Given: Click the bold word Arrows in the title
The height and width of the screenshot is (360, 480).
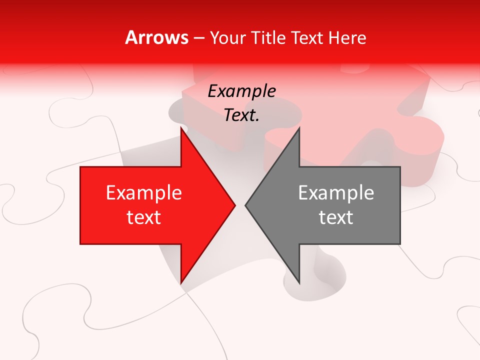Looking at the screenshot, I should [x=157, y=37].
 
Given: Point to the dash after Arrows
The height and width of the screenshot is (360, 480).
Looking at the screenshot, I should [x=198, y=38].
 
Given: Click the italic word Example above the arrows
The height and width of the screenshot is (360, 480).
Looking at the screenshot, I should [x=242, y=91].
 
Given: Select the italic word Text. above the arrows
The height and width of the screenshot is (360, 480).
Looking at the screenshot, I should [x=242, y=115].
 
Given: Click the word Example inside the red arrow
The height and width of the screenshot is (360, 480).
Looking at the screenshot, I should [x=144, y=193].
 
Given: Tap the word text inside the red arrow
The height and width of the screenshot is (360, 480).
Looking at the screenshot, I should [x=144, y=217].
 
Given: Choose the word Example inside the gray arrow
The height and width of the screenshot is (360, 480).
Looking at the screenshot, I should [x=336, y=193].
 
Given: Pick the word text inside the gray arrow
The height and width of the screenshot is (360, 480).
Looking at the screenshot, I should [x=336, y=217].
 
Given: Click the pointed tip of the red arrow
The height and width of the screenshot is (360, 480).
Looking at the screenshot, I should [x=235, y=205].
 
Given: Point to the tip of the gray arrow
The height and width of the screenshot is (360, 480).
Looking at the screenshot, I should [x=245, y=205].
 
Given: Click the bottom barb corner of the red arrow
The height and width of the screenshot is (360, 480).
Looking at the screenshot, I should [x=181, y=283].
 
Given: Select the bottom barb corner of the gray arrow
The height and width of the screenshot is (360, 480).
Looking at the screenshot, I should [x=299, y=283].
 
